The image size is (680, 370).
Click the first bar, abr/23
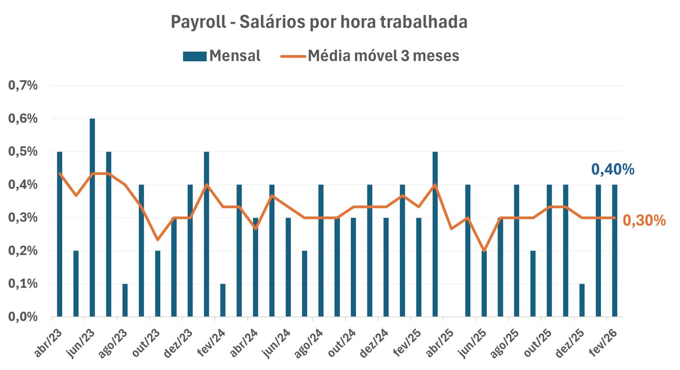click(x=60, y=234)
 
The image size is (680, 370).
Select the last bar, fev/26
click(x=615, y=251)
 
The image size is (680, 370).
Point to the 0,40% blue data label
click(x=612, y=170)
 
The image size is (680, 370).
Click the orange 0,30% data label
click(x=644, y=221)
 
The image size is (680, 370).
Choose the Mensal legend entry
click(x=222, y=56)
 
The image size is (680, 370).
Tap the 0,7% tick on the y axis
click(x=23, y=86)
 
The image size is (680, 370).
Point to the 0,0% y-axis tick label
click(x=23, y=317)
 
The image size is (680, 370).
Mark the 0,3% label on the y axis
click(x=23, y=218)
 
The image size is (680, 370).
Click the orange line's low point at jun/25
click(x=484, y=250)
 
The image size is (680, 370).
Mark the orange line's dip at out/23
click(x=157, y=240)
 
